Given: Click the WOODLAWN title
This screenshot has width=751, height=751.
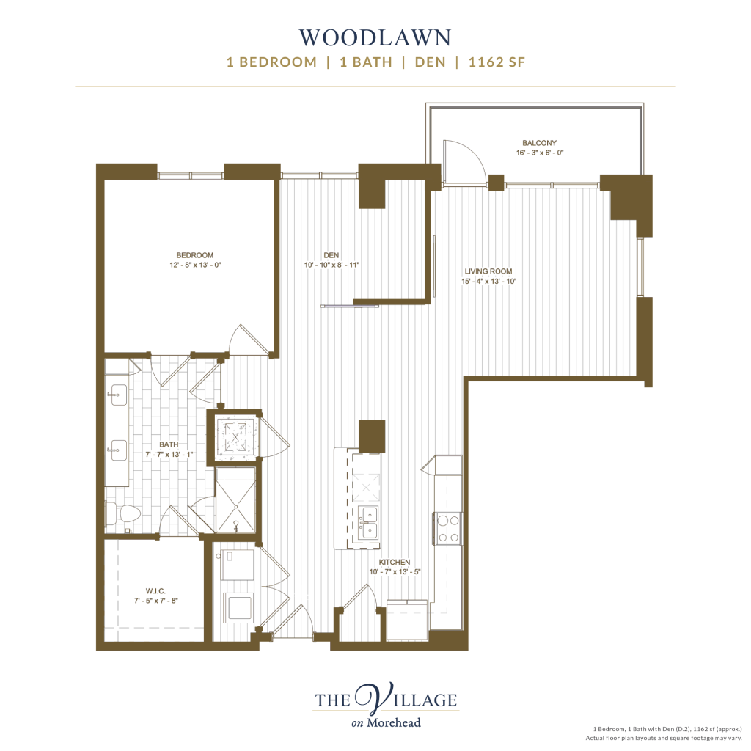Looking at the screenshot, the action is (375, 38).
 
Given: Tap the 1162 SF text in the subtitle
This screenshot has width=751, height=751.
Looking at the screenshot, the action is (497, 62).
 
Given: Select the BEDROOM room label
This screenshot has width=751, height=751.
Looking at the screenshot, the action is (195, 255).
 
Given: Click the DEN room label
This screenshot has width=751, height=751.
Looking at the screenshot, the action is (331, 255).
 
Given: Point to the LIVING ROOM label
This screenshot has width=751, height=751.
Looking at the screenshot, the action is (488, 271).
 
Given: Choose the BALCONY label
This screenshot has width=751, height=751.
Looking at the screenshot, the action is (539, 143).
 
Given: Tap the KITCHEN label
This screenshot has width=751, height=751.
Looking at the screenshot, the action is (394, 562).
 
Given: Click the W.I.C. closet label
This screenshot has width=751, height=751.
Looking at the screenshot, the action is (155, 591).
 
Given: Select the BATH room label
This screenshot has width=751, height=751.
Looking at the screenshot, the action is (169, 444).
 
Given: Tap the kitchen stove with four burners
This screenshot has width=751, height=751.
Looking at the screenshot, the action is (448, 529).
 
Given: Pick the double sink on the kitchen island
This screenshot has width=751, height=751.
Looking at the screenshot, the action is (369, 522).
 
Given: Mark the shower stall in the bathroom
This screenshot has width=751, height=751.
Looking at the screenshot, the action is (235, 500).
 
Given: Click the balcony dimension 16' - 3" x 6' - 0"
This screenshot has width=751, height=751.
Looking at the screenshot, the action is (539, 153).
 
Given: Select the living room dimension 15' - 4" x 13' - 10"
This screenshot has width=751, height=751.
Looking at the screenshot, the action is (488, 281).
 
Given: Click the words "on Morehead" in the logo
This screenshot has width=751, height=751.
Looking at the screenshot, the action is (386, 722).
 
